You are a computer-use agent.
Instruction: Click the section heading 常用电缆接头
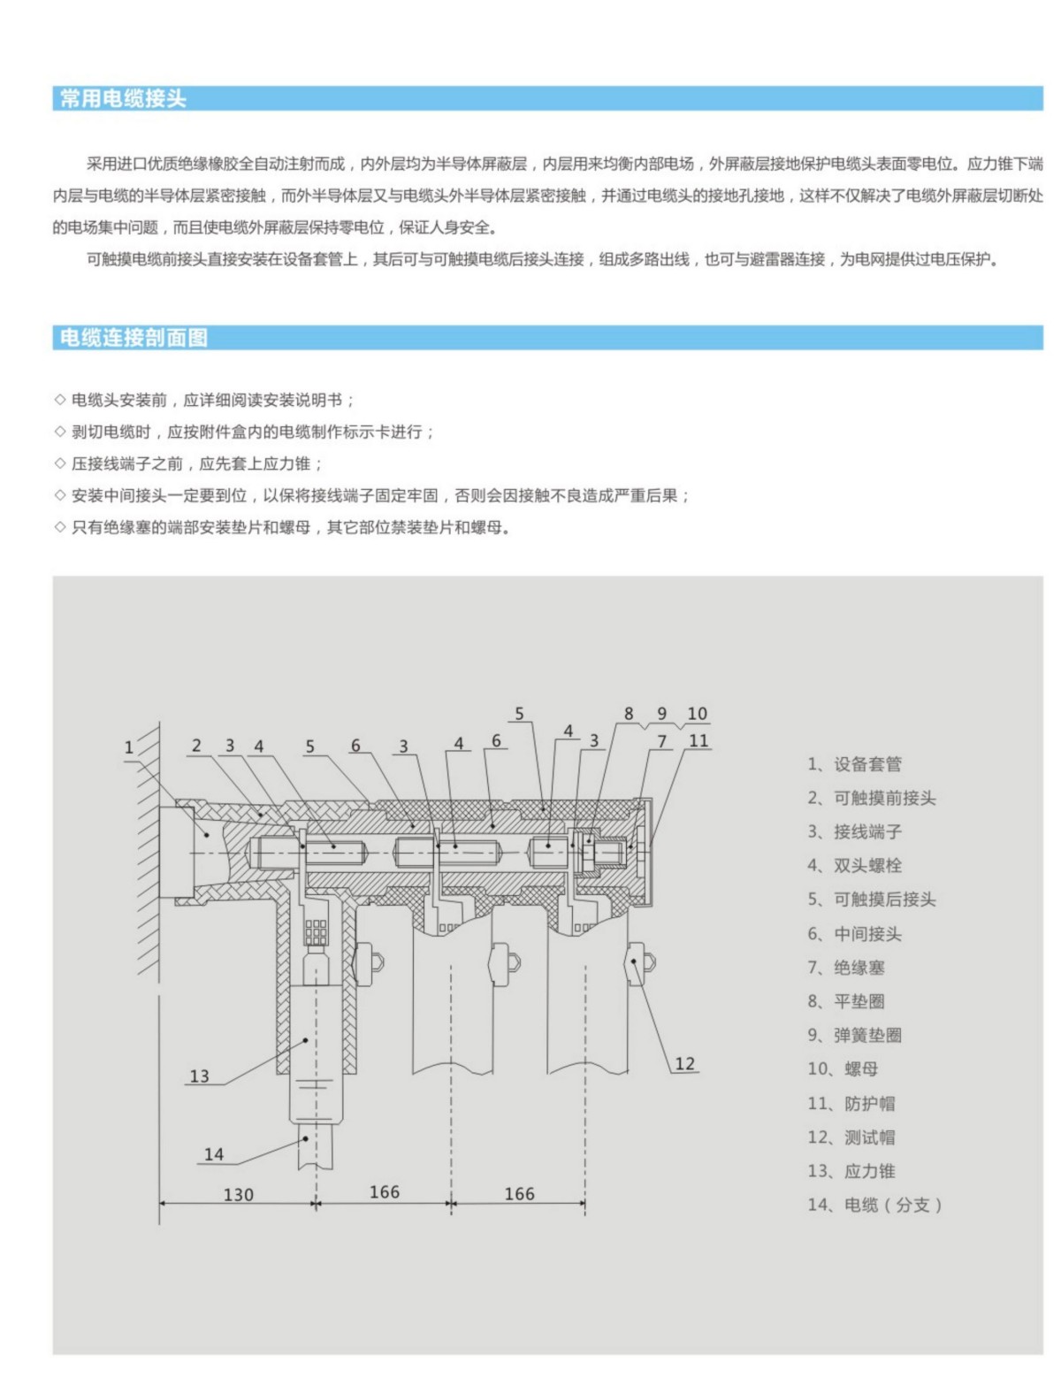coord(123,99)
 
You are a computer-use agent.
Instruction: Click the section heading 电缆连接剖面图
coord(134,338)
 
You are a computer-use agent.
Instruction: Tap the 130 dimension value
coord(238,1194)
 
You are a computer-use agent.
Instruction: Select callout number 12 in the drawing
coord(684,1063)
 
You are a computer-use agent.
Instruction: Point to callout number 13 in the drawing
coord(200,1076)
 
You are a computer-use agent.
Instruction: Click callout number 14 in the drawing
coord(214,1153)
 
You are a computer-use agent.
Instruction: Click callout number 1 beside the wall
coord(129,747)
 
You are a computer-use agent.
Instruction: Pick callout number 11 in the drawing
coord(698,741)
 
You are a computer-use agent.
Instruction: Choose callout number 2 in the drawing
coord(196,746)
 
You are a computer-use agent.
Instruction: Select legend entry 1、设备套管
coord(854,764)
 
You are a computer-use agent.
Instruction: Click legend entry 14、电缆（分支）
coord(874,1205)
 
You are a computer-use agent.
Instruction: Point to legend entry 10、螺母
coord(843,1069)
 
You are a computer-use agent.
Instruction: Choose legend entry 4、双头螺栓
coord(854,866)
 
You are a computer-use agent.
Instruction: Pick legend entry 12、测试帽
coord(851,1137)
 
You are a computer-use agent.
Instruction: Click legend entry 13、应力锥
coord(851,1171)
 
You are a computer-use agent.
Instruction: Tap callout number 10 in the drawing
coord(697,714)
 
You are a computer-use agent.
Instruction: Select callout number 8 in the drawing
coord(629,714)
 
